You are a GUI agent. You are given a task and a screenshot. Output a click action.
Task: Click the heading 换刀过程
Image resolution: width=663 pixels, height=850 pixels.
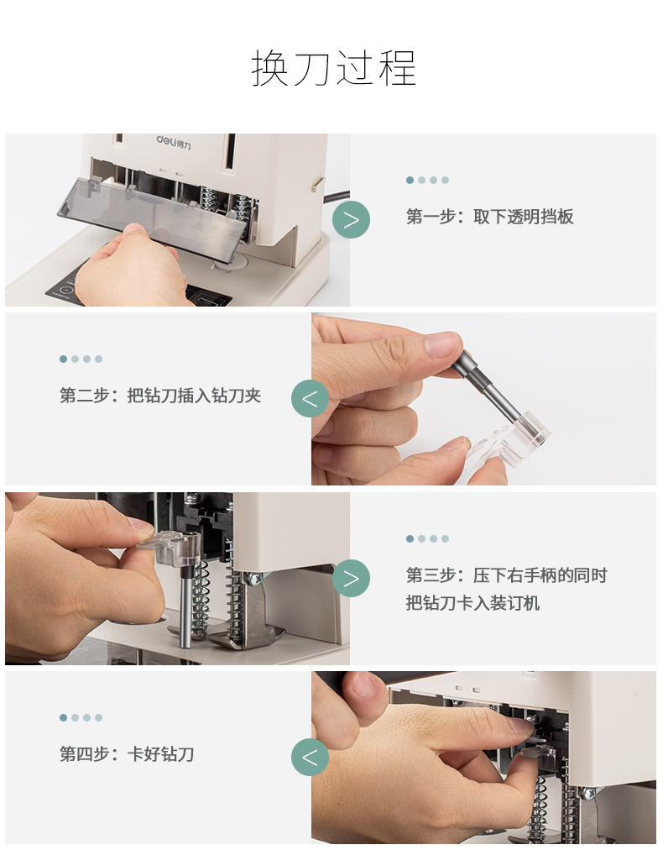pos(334,68)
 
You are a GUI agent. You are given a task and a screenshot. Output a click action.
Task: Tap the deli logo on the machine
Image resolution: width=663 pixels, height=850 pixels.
pos(174,142)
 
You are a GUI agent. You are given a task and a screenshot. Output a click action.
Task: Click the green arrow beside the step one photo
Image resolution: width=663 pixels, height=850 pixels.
pos(351,219)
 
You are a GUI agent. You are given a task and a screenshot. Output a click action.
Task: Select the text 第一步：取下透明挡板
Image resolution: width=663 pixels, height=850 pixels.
pos(489,217)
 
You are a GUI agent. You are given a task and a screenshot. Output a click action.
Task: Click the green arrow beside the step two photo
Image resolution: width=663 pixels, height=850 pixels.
pos(310,399)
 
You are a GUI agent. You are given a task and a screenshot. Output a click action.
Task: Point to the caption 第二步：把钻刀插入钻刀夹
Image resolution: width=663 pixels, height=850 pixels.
pos(160,396)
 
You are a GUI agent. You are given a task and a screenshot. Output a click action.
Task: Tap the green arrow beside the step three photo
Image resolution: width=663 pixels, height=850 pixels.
pos(351,578)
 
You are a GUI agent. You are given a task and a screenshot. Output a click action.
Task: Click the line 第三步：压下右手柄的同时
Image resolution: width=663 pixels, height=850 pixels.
pos(506,575)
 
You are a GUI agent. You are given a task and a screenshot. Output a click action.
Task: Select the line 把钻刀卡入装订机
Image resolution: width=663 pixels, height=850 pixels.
pos(472,603)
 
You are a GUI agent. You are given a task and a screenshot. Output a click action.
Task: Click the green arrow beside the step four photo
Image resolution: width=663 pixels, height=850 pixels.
pos(310,757)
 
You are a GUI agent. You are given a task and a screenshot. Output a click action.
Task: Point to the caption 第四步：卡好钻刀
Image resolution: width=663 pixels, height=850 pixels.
pos(127,754)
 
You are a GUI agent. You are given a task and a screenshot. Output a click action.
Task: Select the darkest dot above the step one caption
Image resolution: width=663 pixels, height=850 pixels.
pos(410,180)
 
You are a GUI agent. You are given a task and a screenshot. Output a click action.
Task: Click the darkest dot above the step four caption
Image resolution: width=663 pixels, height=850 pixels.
pos(64,718)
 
